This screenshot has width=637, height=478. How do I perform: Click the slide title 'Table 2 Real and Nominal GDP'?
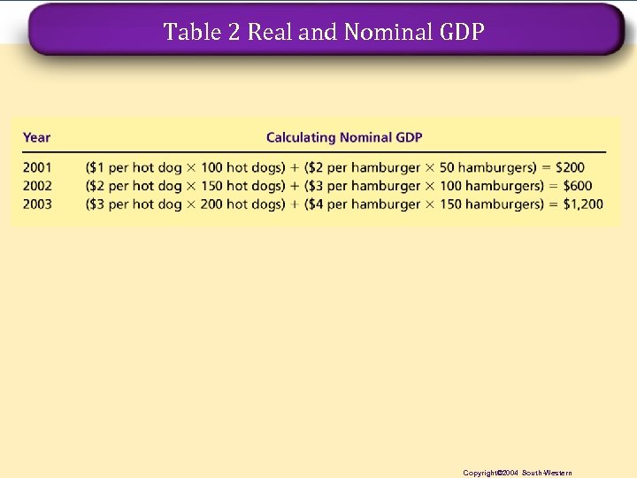[324, 33]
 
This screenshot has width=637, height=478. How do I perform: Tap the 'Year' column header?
[36, 137]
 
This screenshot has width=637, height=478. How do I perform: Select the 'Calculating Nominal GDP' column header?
[344, 137]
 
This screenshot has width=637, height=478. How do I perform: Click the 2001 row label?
[37, 167]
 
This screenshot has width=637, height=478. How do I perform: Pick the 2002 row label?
[37, 186]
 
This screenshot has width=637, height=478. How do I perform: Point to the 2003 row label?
[37, 204]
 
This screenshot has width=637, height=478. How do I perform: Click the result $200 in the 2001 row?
[573, 167]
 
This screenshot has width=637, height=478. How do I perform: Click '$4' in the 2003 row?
[318, 204]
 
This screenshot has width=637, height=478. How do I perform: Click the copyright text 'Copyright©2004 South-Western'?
[518, 473]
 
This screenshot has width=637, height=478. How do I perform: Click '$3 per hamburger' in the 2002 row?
[365, 186]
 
